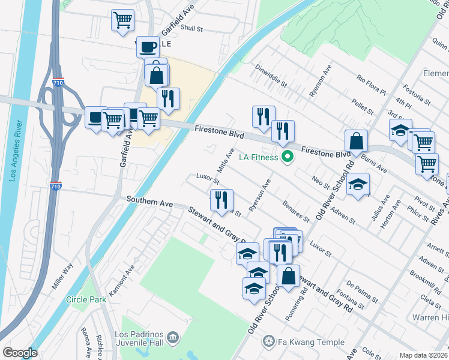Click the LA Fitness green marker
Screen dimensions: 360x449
click(x=288, y=158)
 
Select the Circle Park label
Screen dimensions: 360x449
click(x=86, y=299)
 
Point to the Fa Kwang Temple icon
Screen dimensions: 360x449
click(x=268, y=342)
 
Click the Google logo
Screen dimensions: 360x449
click(x=20, y=353)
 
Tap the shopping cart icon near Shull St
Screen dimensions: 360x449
click(x=122, y=20)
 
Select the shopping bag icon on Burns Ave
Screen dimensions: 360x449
click(x=356, y=142)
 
